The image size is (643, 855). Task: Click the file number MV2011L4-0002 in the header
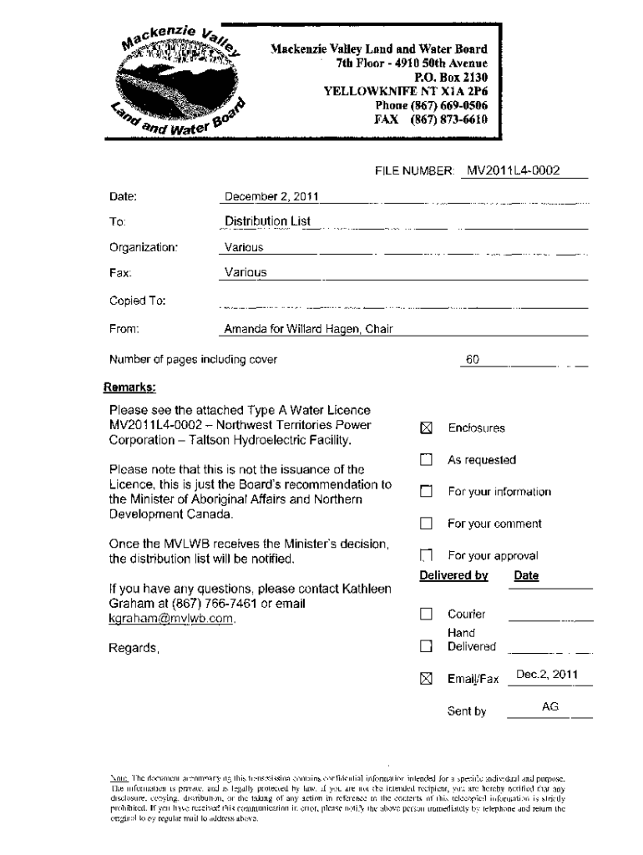click(513, 171)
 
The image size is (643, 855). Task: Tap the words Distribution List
click(267, 221)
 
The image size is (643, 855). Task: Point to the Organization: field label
click(144, 247)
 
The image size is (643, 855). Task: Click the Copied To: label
click(138, 301)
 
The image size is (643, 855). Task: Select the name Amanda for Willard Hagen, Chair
click(308, 329)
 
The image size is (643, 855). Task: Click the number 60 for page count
click(473, 360)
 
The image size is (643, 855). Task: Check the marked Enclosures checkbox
click(427, 428)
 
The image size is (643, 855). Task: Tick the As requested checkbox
click(427, 460)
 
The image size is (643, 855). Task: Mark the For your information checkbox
click(427, 492)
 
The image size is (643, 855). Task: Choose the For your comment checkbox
click(427, 524)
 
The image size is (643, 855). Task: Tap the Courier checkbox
click(427, 615)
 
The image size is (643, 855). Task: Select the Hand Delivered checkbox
click(427, 645)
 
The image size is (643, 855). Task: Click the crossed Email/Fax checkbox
click(427, 679)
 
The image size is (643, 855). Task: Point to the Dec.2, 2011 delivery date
click(547, 674)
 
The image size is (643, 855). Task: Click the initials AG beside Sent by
click(549, 706)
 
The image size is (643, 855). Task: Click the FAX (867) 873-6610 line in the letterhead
click(430, 119)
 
